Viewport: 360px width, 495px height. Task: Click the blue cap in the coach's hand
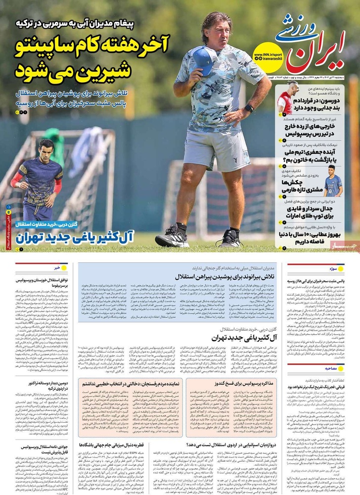point(203,59)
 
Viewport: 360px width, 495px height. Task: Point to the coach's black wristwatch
point(249,108)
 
